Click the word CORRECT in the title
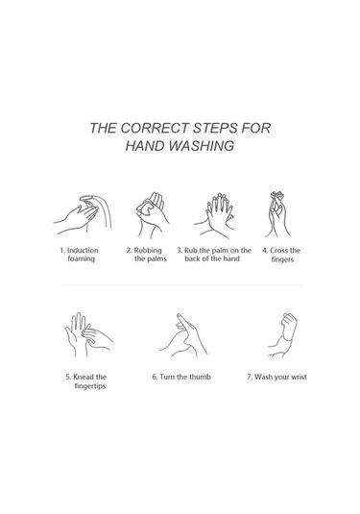tap(155, 128)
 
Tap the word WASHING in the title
tap(202, 146)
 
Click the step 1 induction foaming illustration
tap(83, 214)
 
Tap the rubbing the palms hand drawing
tap(152, 214)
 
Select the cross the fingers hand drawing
tap(277, 214)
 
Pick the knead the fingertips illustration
tap(88, 334)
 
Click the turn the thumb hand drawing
tap(183, 335)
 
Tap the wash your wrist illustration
tap(282, 334)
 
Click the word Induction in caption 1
tap(83, 251)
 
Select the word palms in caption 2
tap(156, 259)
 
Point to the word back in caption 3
tap(192, 258)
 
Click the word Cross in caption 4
tap(278, 251)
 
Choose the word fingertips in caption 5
tap(90, 386)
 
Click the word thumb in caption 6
tap(200, 377)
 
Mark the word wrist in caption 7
tap(300, 377)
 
